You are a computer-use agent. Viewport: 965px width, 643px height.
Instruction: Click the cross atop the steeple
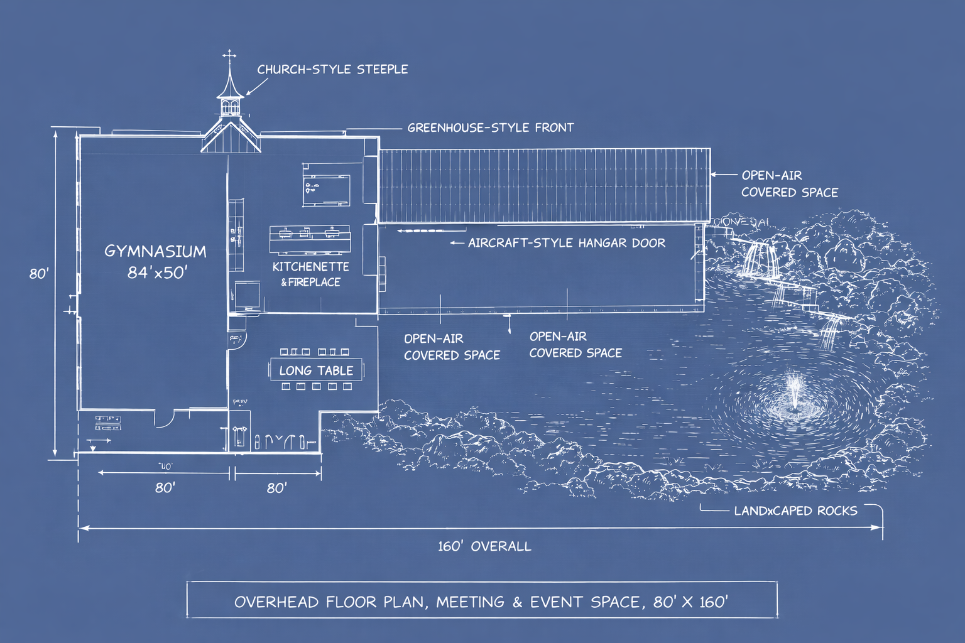230,55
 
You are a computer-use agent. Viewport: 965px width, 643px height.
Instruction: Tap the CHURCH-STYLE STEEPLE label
332,69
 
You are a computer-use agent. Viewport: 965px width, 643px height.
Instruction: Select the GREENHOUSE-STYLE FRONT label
491,127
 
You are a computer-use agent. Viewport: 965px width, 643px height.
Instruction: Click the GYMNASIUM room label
155,251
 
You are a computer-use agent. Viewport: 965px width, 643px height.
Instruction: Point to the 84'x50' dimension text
157,272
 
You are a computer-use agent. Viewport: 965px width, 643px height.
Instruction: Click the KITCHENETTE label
310,267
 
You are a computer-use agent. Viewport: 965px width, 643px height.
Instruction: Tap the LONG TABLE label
316,370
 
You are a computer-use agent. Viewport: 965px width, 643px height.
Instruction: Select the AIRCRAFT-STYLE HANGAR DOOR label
566,243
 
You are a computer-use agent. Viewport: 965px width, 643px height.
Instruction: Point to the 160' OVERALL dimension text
484,546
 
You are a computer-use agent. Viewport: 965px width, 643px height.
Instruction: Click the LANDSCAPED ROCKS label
795,511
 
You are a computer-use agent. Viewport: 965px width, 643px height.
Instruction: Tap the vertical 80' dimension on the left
39,274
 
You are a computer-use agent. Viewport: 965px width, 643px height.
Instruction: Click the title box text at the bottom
481,602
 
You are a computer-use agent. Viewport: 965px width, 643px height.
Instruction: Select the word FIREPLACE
314,283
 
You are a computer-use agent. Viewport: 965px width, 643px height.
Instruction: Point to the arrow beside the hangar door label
457,243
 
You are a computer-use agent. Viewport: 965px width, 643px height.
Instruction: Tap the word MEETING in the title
470,602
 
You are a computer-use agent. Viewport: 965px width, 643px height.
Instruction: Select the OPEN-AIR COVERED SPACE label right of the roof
789,184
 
